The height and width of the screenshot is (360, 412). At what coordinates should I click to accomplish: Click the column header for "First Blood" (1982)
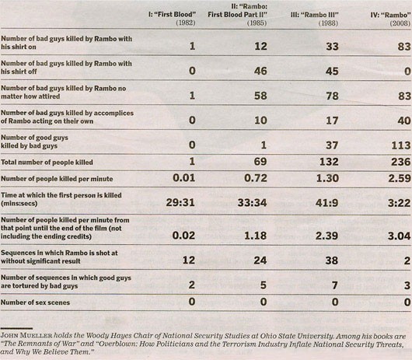click(x=172, y=19)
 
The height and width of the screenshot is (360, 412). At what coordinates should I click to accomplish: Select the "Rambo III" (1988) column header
click(x=314, y=19)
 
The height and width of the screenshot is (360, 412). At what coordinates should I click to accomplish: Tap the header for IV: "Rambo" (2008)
click(x=390, y=19)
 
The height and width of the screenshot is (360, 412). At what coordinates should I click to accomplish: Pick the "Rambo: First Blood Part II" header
click(x=237, y=15)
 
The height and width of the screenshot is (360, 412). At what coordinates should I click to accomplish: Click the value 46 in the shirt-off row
click(x=260, y=71)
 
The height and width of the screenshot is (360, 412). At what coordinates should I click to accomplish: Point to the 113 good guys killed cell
click(x=400, y=145)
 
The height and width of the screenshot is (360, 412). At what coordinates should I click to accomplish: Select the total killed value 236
click(x=400, y=162)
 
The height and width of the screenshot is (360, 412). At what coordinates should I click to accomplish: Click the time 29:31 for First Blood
click(x=180, y=203)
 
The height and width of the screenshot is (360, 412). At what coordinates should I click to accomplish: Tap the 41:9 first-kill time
click(x=326, y=203)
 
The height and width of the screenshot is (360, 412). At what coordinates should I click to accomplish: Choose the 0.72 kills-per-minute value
click(x=256, y=178)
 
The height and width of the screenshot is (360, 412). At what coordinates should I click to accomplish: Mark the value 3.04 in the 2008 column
click(x=399, y=236)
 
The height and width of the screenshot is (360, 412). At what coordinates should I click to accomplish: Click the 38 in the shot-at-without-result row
click(x=332, y=260)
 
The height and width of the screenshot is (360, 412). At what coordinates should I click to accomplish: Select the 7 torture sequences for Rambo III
click(x=335, y=285)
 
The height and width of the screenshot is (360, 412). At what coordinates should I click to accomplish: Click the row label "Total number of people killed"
click(x=47, y=163)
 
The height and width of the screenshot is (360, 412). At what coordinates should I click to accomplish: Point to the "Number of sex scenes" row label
click(x=35, y=302)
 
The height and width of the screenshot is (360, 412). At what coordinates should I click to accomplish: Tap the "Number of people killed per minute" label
click(x=57, y=179)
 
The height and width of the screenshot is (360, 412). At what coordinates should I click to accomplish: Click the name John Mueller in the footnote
click(x=26, y=336)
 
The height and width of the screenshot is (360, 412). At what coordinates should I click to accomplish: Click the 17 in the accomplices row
click(x=332, y=121)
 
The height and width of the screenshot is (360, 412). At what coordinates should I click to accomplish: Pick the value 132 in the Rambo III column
click(x=329, y=162)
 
